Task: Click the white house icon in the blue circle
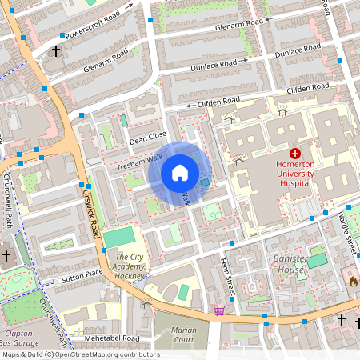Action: (180, 173)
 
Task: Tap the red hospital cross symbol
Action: (295, 153)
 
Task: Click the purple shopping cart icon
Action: (219, 310)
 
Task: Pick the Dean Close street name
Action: (147, 140)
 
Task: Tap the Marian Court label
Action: (184, 334)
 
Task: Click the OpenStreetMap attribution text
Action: (80, 354)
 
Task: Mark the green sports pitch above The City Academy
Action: (120, 238)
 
